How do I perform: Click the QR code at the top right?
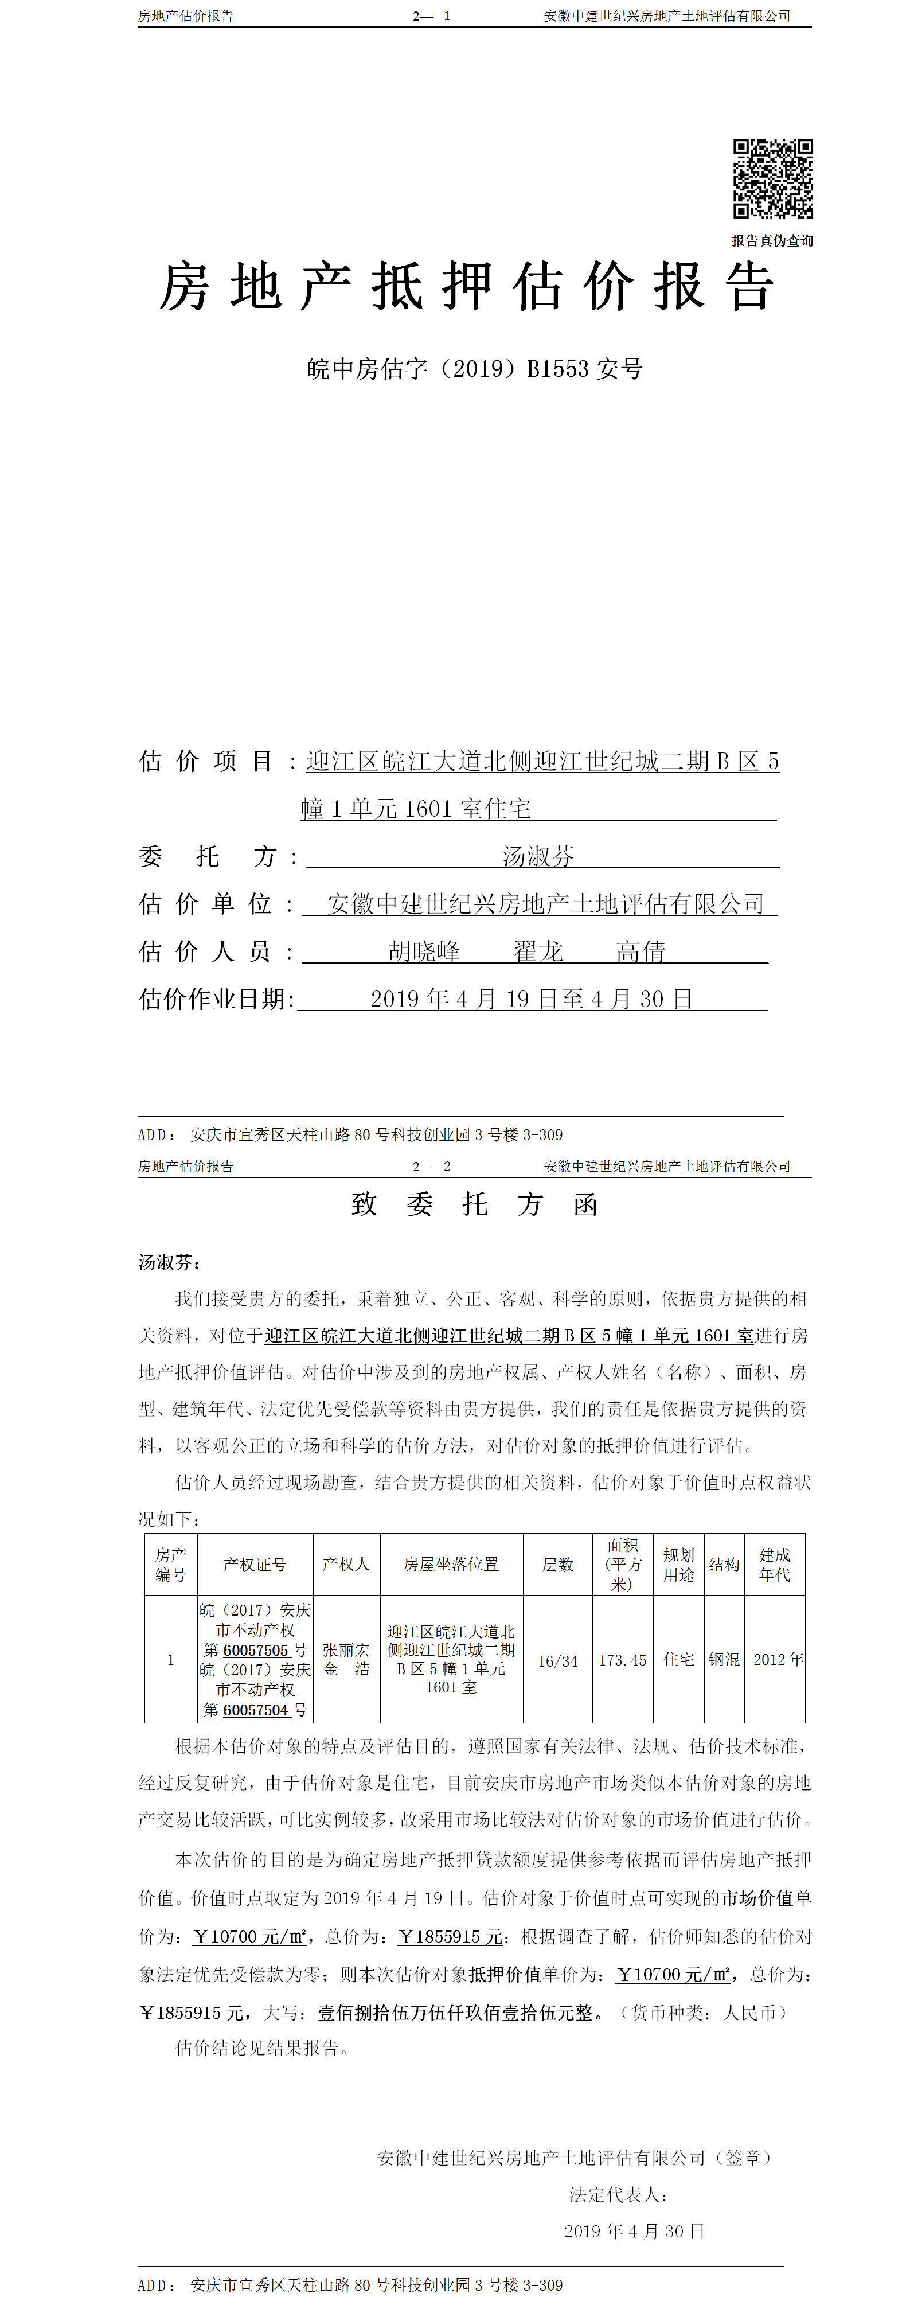point(772,178)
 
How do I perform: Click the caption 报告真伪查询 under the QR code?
point(772,240)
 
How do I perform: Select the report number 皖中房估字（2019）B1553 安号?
point(474,368)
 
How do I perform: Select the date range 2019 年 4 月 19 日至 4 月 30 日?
point(532,999)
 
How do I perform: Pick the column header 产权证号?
point(255,1564)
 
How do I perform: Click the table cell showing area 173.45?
point(623,1660)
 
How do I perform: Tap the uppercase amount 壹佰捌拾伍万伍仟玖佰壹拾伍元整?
point(455,2013)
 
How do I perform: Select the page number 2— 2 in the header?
point(431,1165)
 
